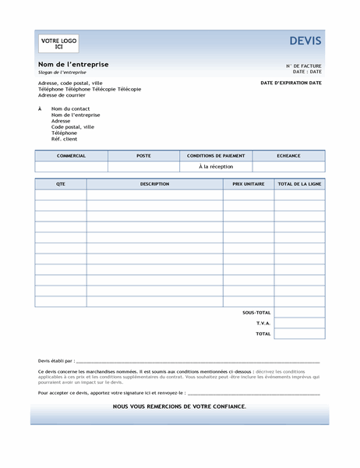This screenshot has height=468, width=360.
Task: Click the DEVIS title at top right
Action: (305, 41)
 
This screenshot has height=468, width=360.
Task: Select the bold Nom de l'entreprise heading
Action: (73, 64)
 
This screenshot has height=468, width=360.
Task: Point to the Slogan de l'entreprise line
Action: (62, 72)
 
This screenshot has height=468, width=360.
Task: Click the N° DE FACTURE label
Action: (303, 66)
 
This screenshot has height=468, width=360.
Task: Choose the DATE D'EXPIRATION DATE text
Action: (291, 82)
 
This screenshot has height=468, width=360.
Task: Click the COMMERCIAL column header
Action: (71, 156)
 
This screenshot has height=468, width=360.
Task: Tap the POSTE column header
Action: (143, 156)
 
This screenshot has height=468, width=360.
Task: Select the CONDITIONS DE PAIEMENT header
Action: (216, 156)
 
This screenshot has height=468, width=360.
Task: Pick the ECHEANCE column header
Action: (288, 156)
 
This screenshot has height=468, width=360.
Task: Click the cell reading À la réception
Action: (216, 166)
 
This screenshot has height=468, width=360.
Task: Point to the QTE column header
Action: (61, 184)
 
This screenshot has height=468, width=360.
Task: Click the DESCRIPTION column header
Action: (154, 184)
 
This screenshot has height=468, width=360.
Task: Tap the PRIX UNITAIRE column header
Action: (249, 184)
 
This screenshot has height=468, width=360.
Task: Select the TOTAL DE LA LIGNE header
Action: (299, 184)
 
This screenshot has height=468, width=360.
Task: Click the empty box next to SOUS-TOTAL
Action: (299, 312)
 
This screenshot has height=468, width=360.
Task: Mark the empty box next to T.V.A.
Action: (299, 323)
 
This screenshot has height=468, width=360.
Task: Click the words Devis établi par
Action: (56, 361)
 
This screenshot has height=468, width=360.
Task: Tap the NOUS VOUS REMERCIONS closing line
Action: (179, 406)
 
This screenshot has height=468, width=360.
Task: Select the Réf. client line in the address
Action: (65, 139)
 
